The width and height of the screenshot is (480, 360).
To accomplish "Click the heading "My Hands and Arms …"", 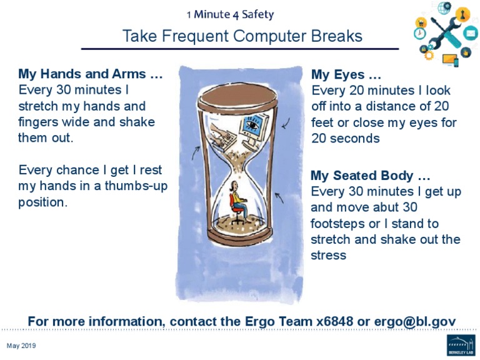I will [91, 74].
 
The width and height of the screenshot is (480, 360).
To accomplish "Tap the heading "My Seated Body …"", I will [371, 176].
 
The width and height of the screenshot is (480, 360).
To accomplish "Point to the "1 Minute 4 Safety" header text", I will [239, 14].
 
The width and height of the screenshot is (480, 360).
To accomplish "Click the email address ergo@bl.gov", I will [415, 321].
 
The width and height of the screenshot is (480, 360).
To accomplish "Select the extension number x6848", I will [335, 321].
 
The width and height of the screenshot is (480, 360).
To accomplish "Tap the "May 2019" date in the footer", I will [21, 346].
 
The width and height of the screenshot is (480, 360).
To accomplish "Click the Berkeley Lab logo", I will [461, 345].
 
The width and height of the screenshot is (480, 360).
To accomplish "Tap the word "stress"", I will [328, 256].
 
